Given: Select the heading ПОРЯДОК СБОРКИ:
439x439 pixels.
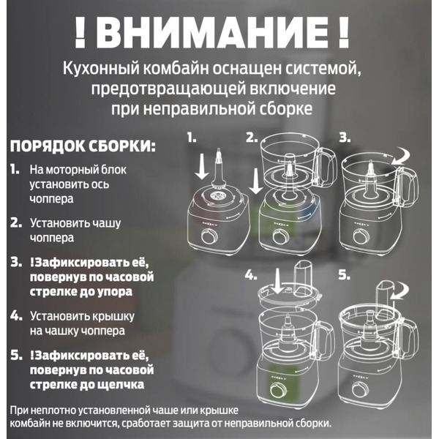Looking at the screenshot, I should tap(83, 145).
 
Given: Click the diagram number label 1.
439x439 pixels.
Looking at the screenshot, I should tap(192, 137).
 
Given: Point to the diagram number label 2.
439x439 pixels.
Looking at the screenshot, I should tap(252, 137).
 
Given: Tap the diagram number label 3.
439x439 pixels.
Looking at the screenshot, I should tap(345, 137).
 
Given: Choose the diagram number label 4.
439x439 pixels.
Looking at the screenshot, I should tap(252, 277).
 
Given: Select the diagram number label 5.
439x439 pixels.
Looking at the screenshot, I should tap(344, 277).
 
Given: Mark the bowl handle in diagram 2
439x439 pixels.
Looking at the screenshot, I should tap(326, 162).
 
